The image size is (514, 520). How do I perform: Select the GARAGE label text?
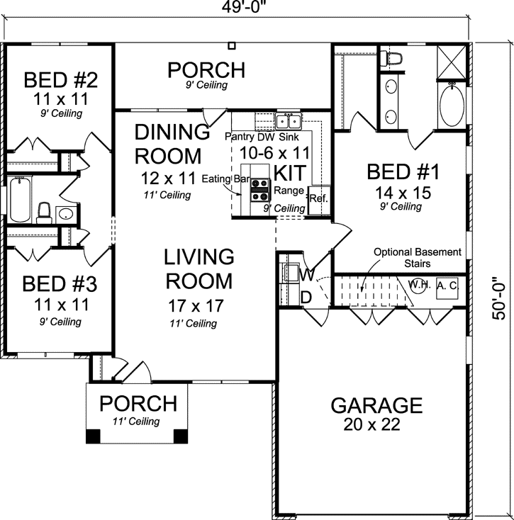point(376,405)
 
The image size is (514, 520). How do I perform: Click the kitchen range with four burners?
point(260,190)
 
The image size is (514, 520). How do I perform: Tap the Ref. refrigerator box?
point(318,199)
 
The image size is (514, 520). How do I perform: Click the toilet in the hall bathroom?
point(44,211)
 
